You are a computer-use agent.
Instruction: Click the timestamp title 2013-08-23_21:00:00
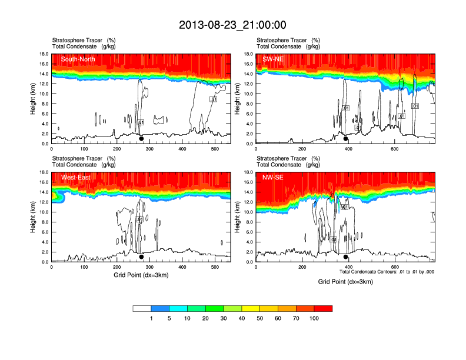click(x=232, y=25)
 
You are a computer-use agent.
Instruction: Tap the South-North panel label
click(x=76, y=59)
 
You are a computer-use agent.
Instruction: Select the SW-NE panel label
click(x=272, y=59)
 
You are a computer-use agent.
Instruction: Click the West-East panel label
click(x=75, y=177)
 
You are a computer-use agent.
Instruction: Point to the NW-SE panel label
click(x=273, y=177)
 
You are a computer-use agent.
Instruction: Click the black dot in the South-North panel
click(x=141, y=139)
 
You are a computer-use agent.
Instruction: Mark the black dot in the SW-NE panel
click(x=346, y=139)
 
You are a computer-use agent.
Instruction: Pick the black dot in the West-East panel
click(x=141, y=257)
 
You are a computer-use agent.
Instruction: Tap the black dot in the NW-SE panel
click(x=346, y=257)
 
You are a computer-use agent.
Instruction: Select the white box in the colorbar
click(x=142, y=308)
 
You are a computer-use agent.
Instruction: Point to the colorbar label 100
click(x=314, y=318)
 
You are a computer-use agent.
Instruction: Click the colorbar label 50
click(x=259, y=318)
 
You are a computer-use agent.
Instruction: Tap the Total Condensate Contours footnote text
click(x=387, y=272)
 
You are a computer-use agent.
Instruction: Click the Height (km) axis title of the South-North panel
click(x=32, y=98)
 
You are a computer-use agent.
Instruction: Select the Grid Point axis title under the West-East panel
click(x=141, y=275)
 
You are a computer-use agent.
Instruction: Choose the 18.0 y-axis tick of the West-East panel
click(x=44, y=172)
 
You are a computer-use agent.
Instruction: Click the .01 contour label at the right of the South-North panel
click(x=214, y=99)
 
